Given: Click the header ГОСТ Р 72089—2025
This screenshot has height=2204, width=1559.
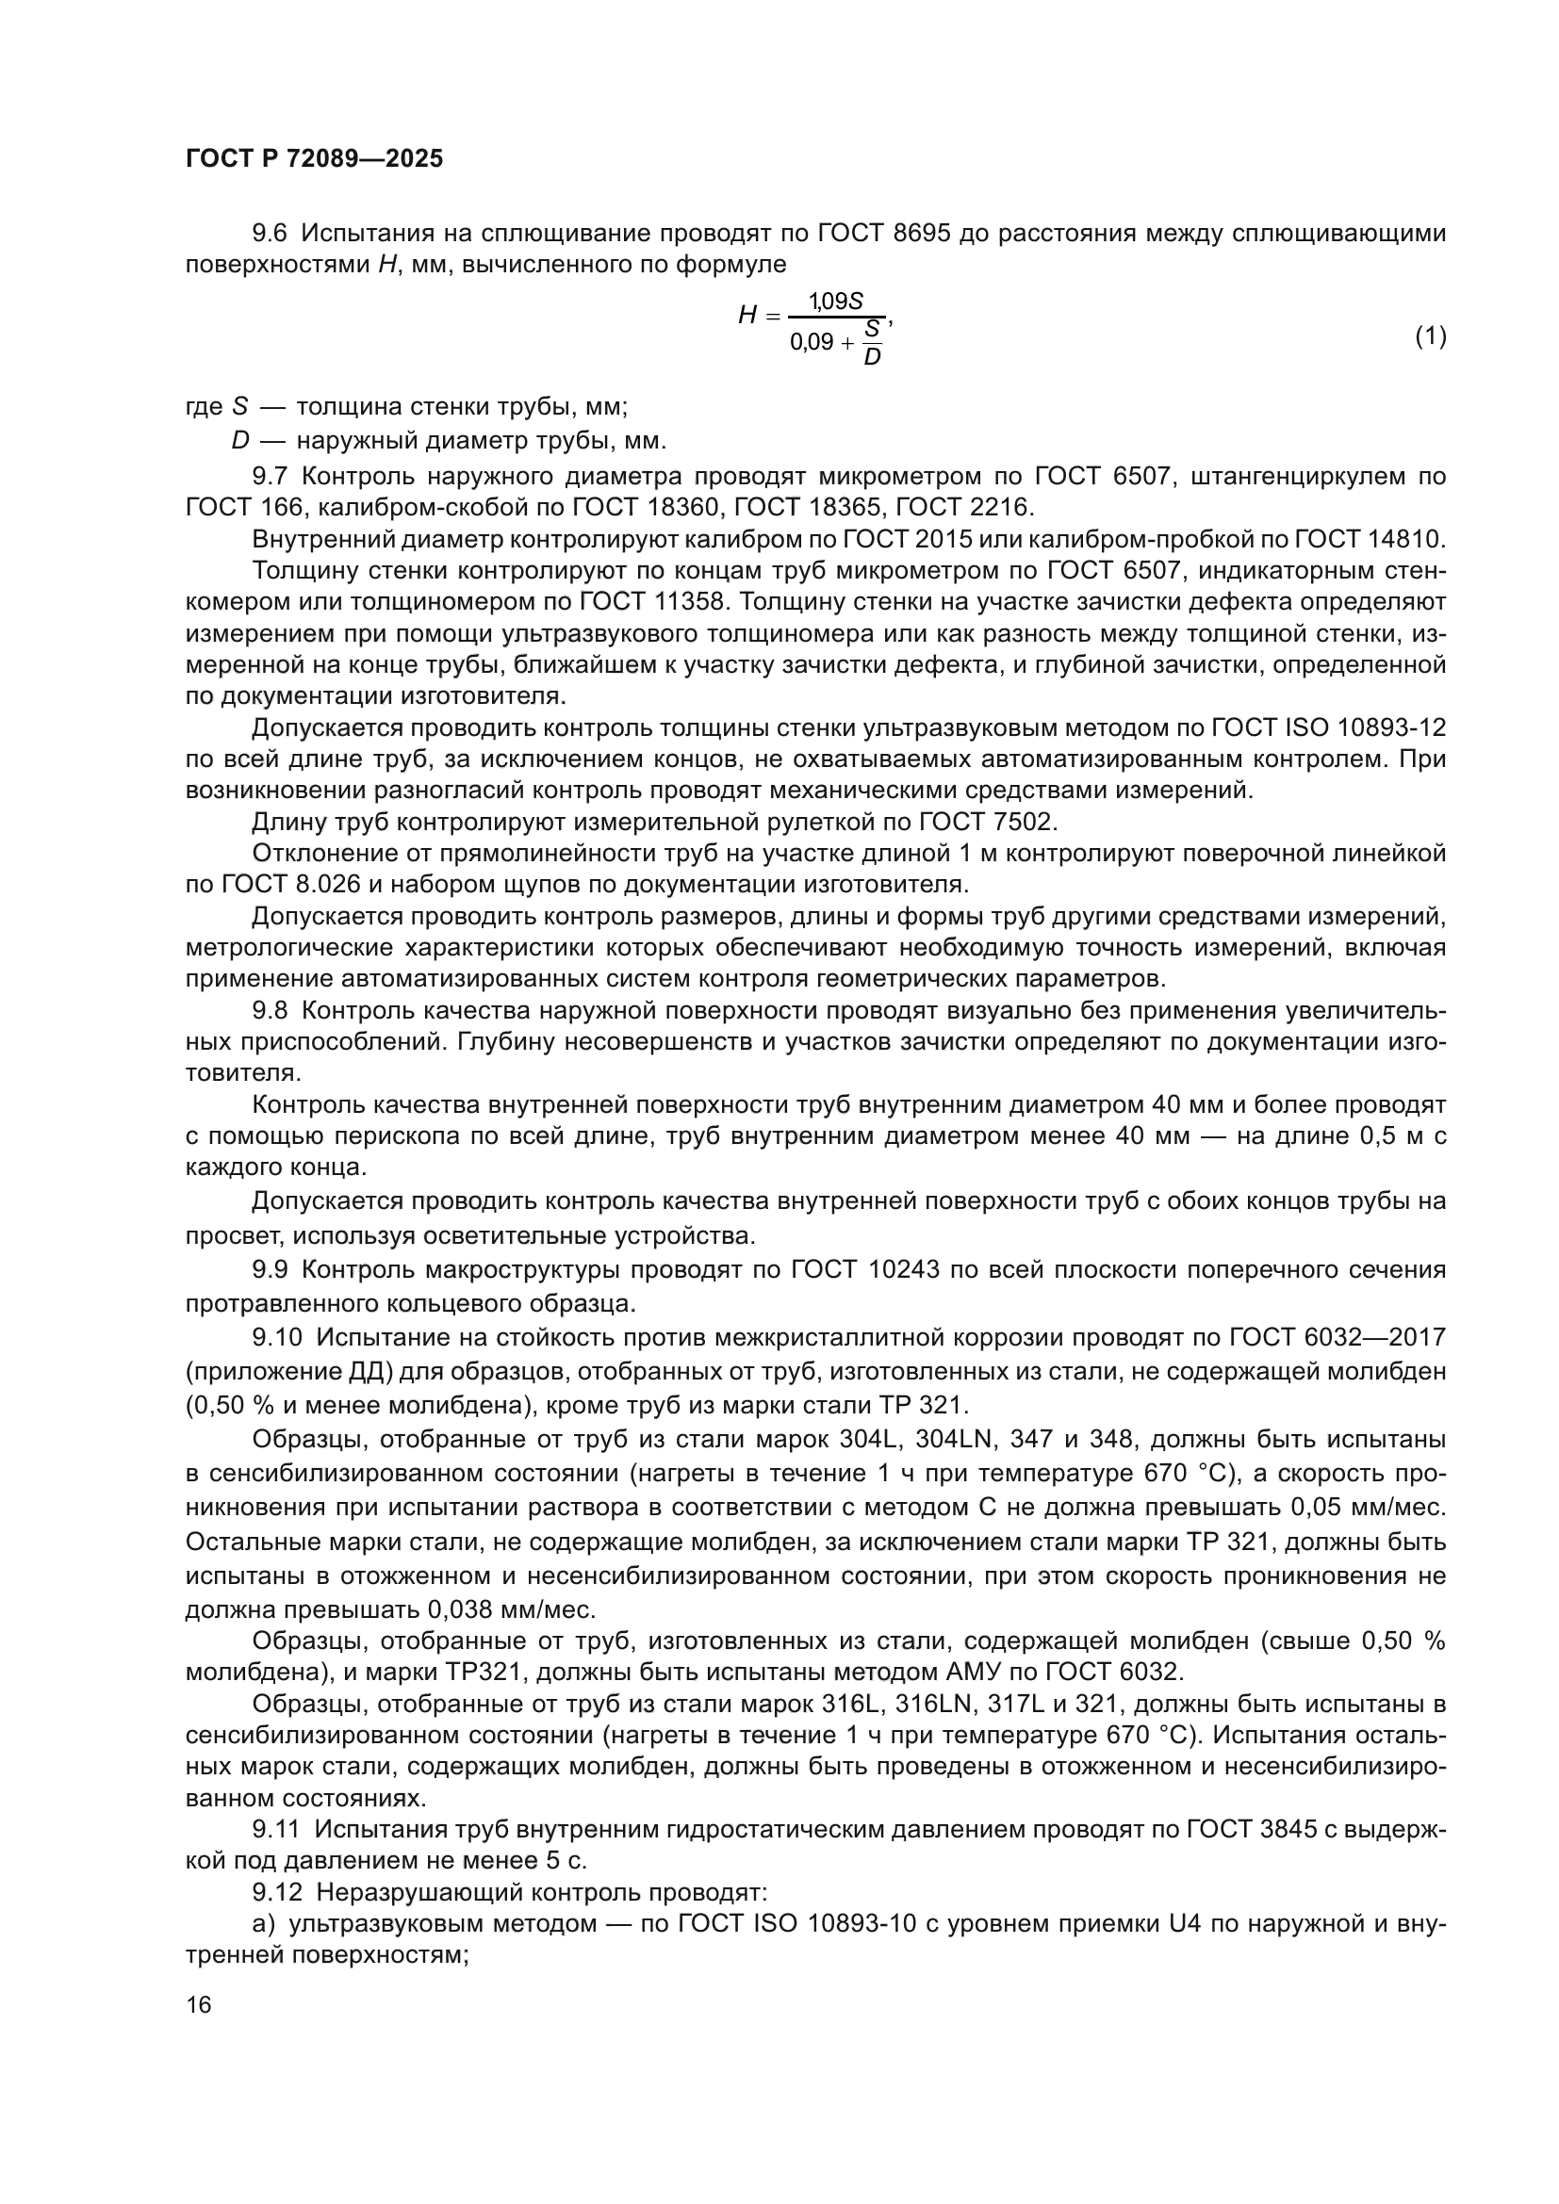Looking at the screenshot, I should (x=314, y=159).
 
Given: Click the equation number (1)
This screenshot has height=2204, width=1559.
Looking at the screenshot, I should (x=1431, y=336).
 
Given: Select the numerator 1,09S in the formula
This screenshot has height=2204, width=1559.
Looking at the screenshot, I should (x=835, y=302).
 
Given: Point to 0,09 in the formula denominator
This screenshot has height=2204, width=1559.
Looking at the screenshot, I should (x=812, y=342).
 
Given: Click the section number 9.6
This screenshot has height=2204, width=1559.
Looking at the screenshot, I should (x=270, y=234).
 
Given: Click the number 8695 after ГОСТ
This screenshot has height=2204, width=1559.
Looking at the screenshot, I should (x=922, y=234).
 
